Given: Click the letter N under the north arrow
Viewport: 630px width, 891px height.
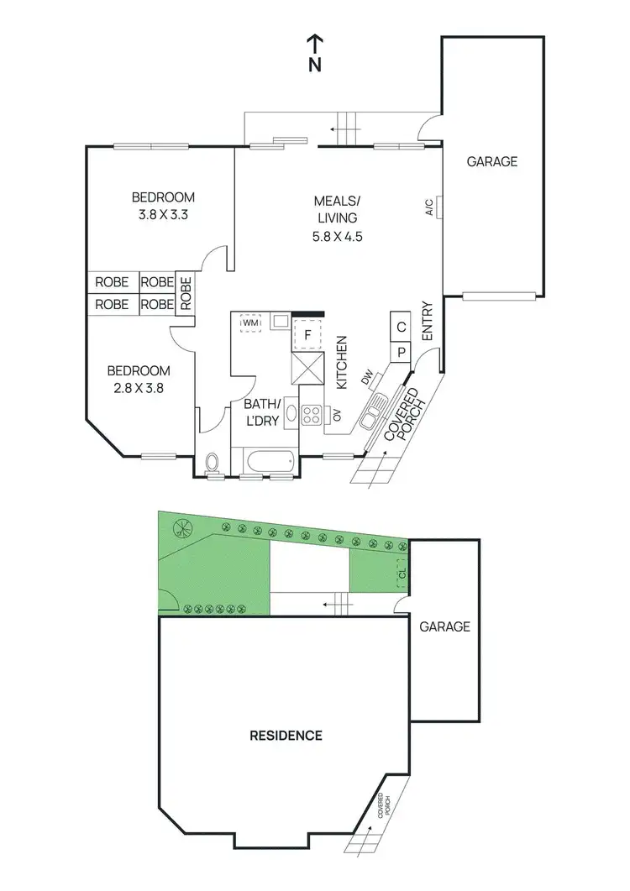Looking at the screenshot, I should (x=315, y=65).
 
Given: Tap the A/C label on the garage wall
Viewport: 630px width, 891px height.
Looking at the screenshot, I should (x=429, y=207).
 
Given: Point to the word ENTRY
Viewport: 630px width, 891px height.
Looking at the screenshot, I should (x=427, y=321).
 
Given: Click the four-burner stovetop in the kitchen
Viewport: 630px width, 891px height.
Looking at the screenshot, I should (x=312, y=415).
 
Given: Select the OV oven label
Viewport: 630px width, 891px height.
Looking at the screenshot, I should (x=337, y=414).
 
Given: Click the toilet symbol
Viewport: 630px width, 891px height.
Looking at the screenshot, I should (x=213, y=463).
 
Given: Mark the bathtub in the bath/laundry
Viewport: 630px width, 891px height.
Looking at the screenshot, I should (x=268, y=462).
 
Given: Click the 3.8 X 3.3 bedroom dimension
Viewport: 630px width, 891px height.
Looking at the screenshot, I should (x=163, y=215).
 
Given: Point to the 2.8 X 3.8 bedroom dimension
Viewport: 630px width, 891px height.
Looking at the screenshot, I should (x=139, y=388).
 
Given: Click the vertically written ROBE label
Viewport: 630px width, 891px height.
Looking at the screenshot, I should (x=186, y=294).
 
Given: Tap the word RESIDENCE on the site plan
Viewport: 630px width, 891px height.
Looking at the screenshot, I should (x=286, y=736).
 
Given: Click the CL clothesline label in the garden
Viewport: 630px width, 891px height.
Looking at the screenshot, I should (x=402, y=574).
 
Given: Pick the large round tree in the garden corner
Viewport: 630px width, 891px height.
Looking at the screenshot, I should (x=182, y=528).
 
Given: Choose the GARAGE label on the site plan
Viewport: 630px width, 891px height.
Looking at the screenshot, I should (x=444, y=626).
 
